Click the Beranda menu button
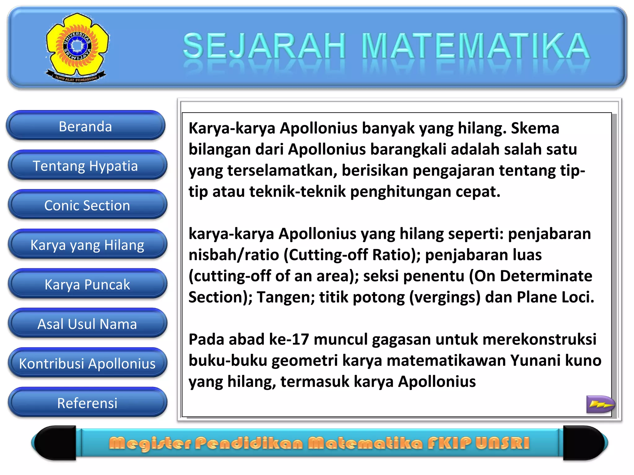[x=85, y=126]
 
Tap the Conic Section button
[x=87, y=205]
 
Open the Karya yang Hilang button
[x=87, y=245]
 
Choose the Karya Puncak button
[x=87, y=284]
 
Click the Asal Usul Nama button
[x=87, y=324]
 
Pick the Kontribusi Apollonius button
[x=87, y=363]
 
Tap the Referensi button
[x=87, y=403]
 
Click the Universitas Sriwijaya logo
[x=77, y=46]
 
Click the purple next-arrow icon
[x=600, y=404]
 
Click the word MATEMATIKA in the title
[x=475, y=46]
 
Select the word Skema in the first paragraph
[x=535, y=128]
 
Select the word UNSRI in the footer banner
[x=502, y=443]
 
